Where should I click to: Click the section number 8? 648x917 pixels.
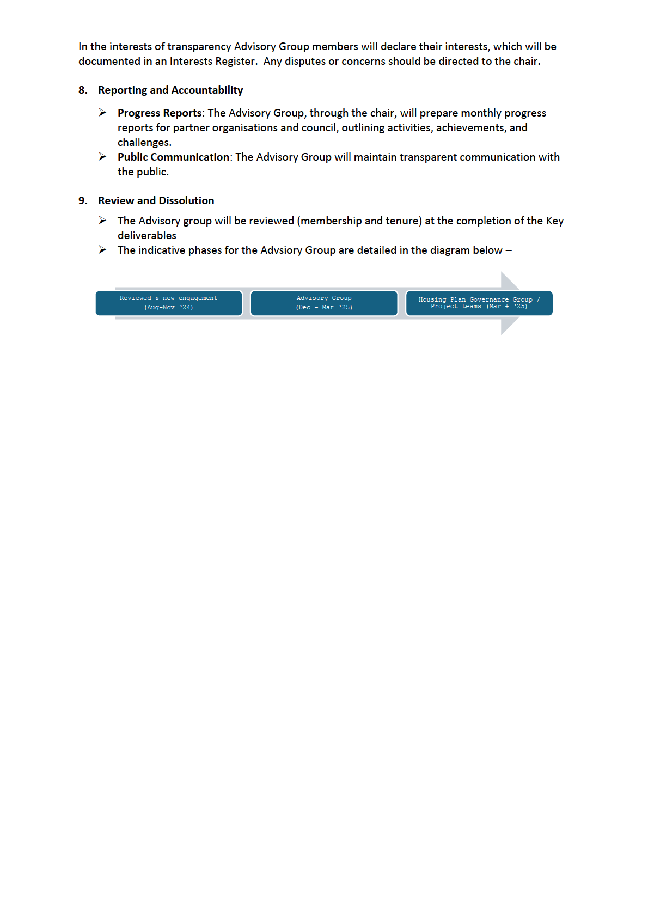pos(83,90)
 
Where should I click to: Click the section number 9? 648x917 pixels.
pos(83,201)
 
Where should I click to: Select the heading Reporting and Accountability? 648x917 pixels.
pos(170,90)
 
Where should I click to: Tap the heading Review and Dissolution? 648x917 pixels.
pos(156,201)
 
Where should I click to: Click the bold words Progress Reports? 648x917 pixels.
pos(160,113)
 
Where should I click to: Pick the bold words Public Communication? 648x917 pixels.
pos(173,157)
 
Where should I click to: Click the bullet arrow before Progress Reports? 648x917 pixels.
pos(102,113)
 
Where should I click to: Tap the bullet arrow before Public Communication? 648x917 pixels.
pos(102,157)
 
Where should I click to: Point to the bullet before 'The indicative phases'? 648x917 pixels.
pos(102,250)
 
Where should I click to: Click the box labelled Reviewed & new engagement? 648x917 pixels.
pos(169,303)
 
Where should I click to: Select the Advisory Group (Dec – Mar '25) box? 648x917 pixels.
pos(324,303)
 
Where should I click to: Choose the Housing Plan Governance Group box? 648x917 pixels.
pos(479,303)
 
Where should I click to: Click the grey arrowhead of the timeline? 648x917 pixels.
pos(510,303)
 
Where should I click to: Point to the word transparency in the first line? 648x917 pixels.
pos(199,47)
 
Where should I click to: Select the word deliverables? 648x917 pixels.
pos(147,236)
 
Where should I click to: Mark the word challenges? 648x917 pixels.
pos(144,143)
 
